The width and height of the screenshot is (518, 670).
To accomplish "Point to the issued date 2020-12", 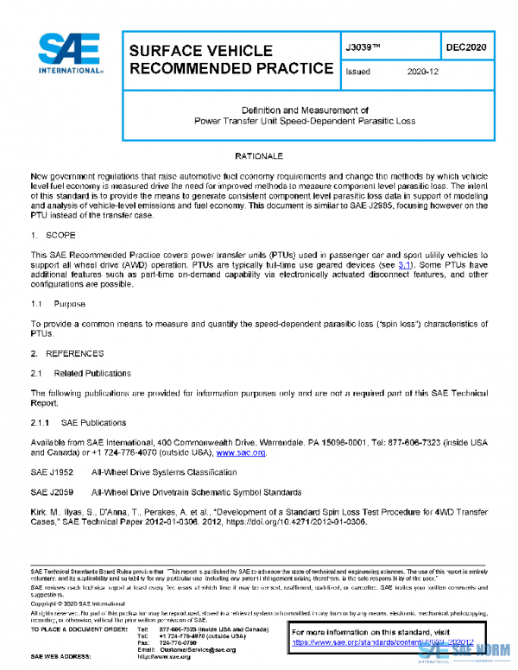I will (x=423, y=73).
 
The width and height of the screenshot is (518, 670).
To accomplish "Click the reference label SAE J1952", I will (x=49, y=472).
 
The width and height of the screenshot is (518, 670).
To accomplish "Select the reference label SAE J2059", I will (x=49, y=492).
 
